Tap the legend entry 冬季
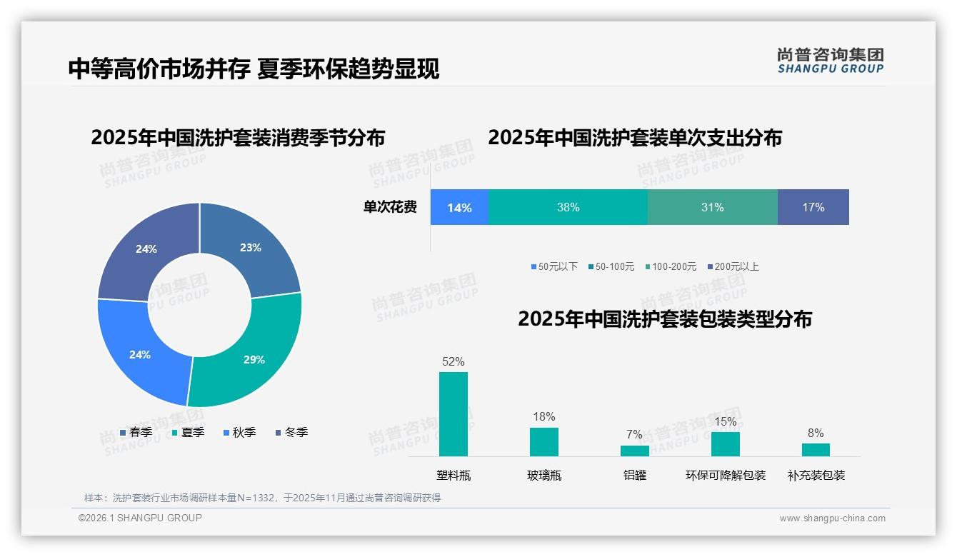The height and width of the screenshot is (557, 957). (291, 432)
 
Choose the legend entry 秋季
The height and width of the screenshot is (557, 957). (239, 432)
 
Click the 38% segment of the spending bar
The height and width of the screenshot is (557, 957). (568, 207)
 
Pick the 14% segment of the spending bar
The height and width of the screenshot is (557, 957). (459, 207)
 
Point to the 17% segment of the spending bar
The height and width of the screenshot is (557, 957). (813, 207)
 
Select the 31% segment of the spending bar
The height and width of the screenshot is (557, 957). (712, 207)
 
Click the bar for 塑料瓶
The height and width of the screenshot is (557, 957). (454, 414)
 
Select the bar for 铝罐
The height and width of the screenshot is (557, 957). (634, 451)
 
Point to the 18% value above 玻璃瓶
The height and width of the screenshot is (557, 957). (543, 417)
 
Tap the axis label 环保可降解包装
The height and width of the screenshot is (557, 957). (725, 476)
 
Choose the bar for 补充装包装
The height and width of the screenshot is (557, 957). (816, 449)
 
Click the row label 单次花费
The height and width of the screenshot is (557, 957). (390, 207)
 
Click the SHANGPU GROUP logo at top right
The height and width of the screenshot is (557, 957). (830, 61)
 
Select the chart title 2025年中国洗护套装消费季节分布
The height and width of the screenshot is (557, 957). (238, 137)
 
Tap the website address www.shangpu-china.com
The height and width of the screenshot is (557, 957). (832, 518)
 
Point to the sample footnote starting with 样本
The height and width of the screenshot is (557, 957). (262, 498)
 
